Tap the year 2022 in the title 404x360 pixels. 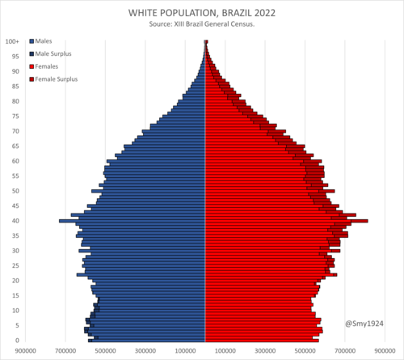(x=265, y=13)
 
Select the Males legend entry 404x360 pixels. (x=40, y=41)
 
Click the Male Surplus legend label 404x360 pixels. (x=53, y=53)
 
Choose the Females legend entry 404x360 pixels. (x=44, y=66)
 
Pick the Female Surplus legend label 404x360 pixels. (x=57, y=79)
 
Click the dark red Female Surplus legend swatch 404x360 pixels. (x=32, y=79)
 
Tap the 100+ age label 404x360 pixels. (x=12, y=41)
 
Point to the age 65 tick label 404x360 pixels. (x=15, y=146)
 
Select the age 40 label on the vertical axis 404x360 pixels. (x=15, y=221)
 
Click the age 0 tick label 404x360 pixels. (x=17, y=341)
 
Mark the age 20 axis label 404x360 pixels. (x=15, y=281)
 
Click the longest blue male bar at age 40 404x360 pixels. (x=133, y=221)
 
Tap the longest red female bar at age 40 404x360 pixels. (x=287, y=221)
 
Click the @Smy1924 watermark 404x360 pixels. (x=364, y=324)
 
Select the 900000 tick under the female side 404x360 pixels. (x=385, y=351)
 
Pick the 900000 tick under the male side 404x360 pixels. (x=26, y=351)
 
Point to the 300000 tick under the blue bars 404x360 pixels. (x=145, y=351)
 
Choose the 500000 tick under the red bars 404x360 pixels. (x=305, y=351)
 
